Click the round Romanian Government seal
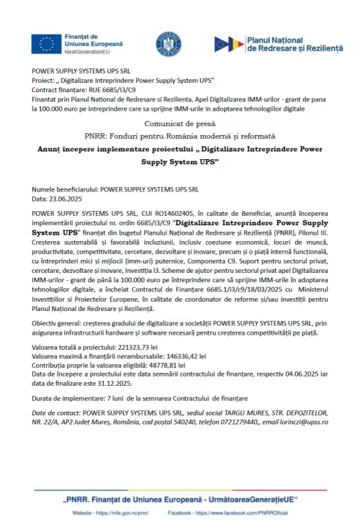pyautogui.click(x=168, y=43)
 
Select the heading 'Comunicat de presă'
pyautogui.click(x=179, y=123)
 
